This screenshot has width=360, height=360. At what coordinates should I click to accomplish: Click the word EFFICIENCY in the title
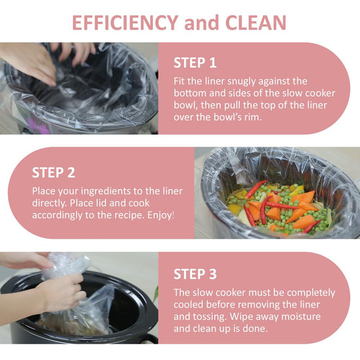[x=126, y=23]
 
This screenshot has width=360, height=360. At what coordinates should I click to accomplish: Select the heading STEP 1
[x=195, y=63]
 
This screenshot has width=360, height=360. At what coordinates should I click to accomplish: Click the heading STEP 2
[x=54, y=172]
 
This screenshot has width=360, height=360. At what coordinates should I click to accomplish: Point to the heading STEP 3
[x=195, y=274]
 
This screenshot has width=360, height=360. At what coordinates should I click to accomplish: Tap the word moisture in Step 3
[x=301, y=317]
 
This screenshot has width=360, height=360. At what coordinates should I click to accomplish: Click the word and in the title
[x=202, y=23]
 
